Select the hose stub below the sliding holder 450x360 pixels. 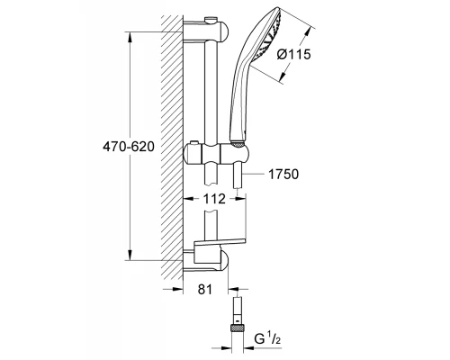(x=235, y=178)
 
